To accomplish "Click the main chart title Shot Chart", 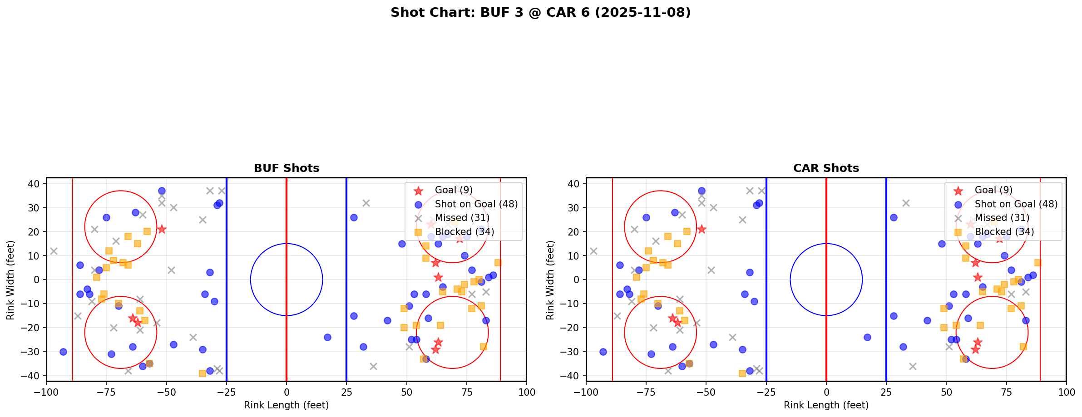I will coord(540,12).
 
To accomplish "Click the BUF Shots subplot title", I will coord(287,168).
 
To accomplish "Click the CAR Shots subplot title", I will coord(826,168).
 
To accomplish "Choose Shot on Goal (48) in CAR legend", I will coord(1016,204).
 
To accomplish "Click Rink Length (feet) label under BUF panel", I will coord(287,405).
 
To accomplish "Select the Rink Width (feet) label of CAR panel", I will coord(550,280).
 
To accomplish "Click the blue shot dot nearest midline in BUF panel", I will coord(327,337).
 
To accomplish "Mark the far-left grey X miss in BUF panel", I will coord(54,251).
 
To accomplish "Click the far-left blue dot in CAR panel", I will coord(603,352).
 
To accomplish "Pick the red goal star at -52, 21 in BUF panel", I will coord(162,229).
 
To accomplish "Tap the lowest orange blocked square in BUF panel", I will coord(203,373).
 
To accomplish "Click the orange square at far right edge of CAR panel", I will coord(1038,263).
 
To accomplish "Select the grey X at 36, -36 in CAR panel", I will coord(913,366).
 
